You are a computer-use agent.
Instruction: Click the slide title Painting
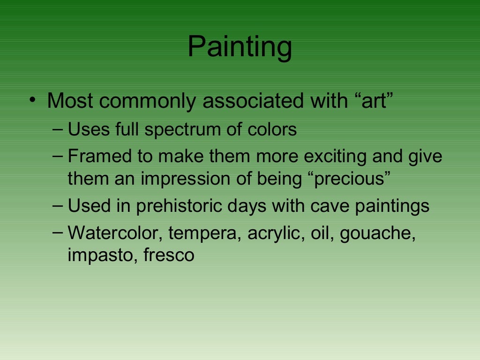coord(240,47)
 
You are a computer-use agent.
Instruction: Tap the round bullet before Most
coord(31,100)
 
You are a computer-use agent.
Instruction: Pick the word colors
coord(273,129)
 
